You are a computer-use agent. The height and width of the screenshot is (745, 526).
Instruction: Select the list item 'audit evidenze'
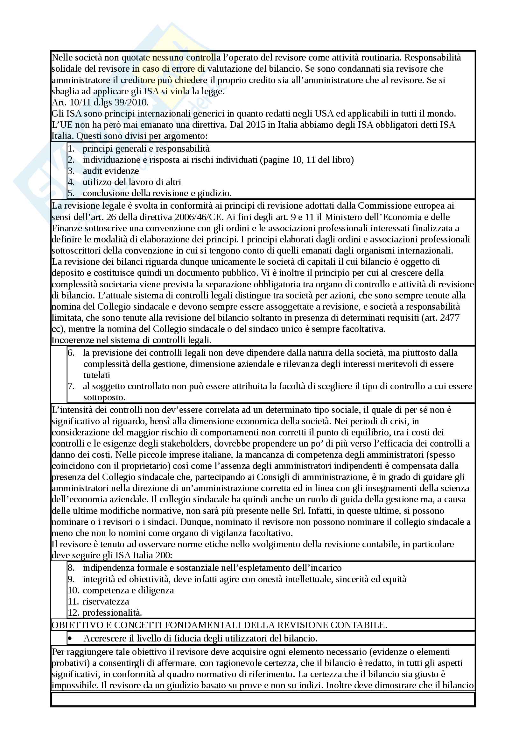click(x=110, y=171)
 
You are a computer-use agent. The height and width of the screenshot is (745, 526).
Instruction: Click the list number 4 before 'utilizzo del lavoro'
click(x=71, y=182)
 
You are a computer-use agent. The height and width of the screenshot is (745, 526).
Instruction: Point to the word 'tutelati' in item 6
click(x=97, y=375)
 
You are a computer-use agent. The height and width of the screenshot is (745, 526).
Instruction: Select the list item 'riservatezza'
click(x=106, y=602)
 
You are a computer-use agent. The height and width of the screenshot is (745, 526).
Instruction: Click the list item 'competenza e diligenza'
click(x=128, y=590)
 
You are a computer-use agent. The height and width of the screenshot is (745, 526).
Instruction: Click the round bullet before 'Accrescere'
click(x=70, y=639)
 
